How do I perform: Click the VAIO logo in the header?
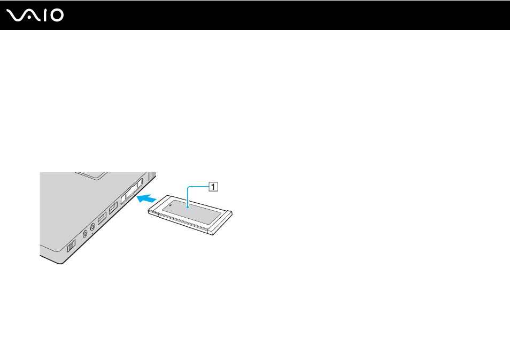pos(35,16)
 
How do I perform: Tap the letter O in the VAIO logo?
pos(57,16)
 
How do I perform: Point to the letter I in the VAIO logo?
pos(45,16)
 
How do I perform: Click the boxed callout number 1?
pos(213,187)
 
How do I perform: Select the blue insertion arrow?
pos(146,197)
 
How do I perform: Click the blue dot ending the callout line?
pos(188,206)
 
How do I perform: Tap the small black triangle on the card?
pos(171,205)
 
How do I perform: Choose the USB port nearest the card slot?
pos(113,208)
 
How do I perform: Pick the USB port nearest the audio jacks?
pos(102,217)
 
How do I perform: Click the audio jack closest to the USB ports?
pos(92,227)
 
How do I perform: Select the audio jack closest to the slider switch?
pos(85,233)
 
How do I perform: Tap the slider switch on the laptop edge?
pos(71,246)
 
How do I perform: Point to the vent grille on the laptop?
pos(152,176)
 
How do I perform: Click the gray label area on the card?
pos(192,212)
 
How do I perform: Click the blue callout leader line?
pos(195,187)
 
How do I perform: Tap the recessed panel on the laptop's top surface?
pos(91,175)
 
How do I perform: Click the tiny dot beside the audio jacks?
pos(92,233)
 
